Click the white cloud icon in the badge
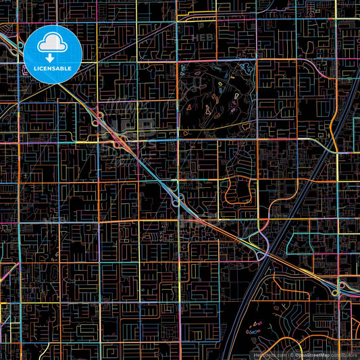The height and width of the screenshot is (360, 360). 53,44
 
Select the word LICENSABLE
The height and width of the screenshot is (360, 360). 53,68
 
